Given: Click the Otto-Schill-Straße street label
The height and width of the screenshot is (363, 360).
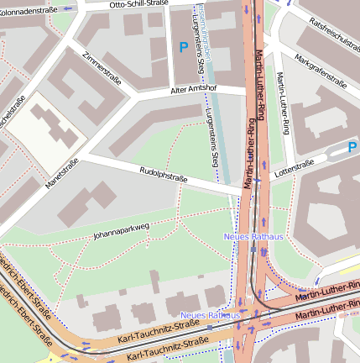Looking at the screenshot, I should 138,4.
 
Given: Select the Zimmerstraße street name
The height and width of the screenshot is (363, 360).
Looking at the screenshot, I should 102,67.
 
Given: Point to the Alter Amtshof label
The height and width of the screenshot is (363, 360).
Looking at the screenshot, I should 194,88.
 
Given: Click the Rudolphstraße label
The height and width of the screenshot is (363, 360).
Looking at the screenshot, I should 162,174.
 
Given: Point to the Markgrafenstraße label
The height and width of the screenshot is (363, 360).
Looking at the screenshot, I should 321,71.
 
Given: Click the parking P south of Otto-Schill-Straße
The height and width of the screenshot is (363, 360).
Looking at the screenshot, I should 183,48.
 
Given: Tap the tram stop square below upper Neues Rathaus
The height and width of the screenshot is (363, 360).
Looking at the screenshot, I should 253,248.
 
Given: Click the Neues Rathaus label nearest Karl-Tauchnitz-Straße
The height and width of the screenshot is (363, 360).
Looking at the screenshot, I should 211,314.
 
